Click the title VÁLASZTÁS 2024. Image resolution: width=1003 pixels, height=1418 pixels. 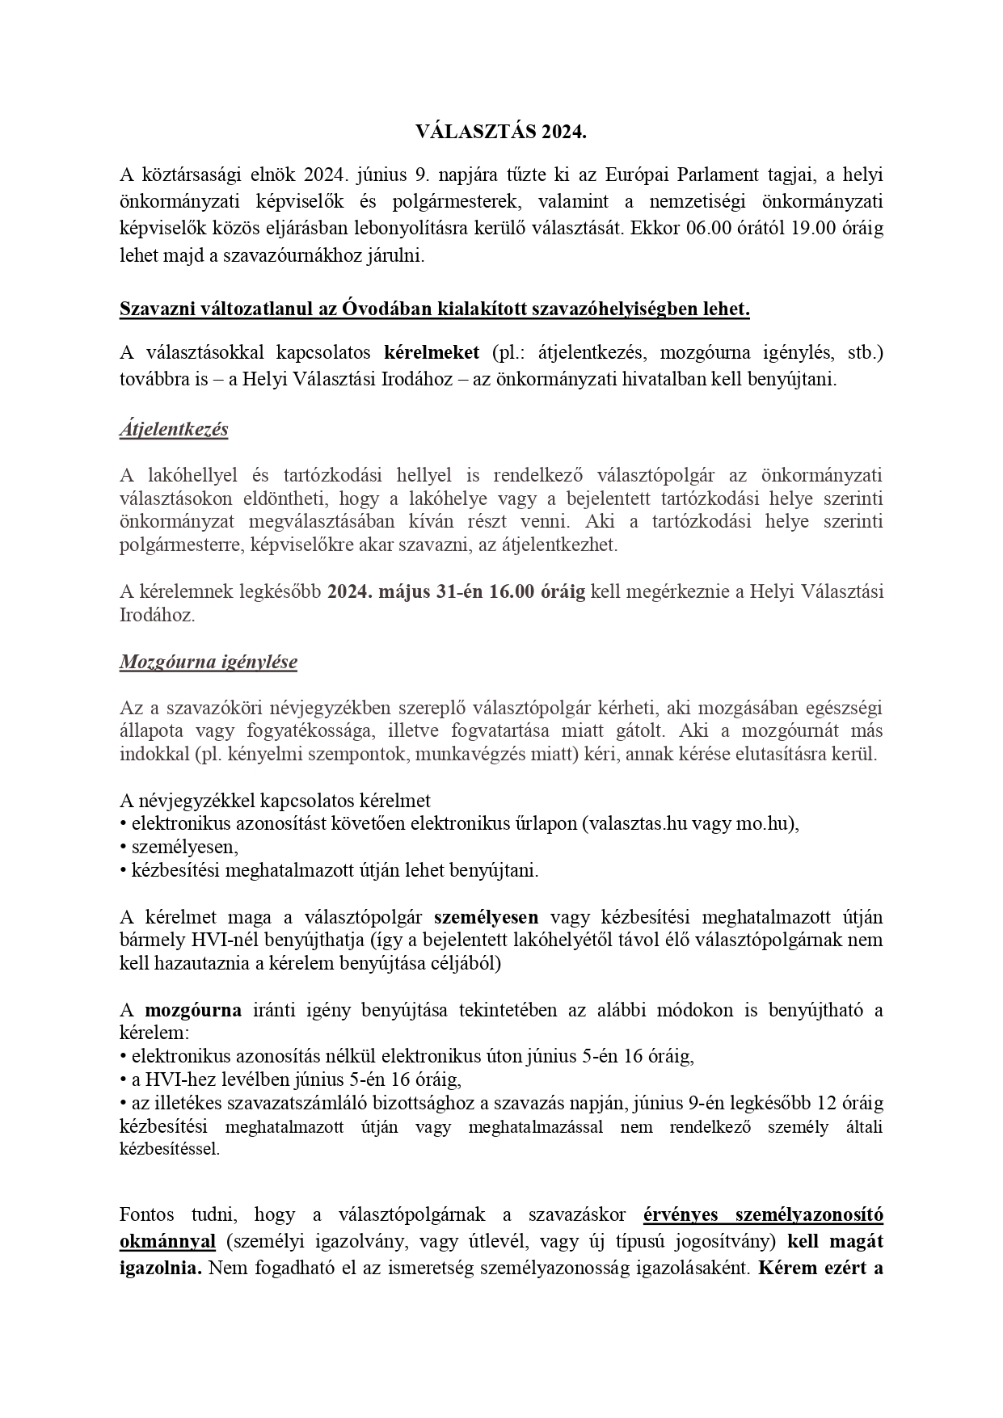click(x=501, y=133)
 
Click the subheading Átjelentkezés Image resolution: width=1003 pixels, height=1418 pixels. click(x=174, y=428)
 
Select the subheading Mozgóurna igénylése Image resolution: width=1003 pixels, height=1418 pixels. click(x=209, y=662)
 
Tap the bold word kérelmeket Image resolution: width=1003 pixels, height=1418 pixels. click(x=432, y=352)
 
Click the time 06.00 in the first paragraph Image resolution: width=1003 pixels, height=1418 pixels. click(x=707, y=227)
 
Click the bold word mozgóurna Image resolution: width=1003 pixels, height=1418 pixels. click(x=193, y=1010)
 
